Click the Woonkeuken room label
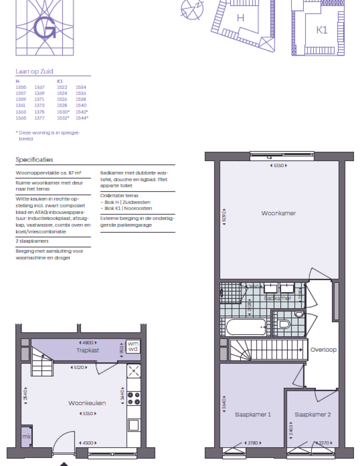click(x=87, y=403)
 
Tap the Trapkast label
click(x=88, y=350)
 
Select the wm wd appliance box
click(x=133, y=347)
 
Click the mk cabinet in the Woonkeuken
click(x=25, y=436)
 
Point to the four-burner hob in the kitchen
click(x=134, y=398)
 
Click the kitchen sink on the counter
click(x=134, y=425)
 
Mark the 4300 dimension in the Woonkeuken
click(x=87, y=443)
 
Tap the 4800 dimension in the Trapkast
click(x=87, y=342)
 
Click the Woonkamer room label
click(x=278, y=213)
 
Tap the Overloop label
click(x=323, y=350)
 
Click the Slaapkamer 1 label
click(x=253, y=414)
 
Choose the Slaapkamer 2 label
click(x=313, y=414)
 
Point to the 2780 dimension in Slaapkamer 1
click(x=253, y=443)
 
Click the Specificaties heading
click(x=34, y=160)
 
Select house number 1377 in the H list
click(x=39, y=118)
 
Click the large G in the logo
click(x=45, y=29)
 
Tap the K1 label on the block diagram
click(x=322, y=30)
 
